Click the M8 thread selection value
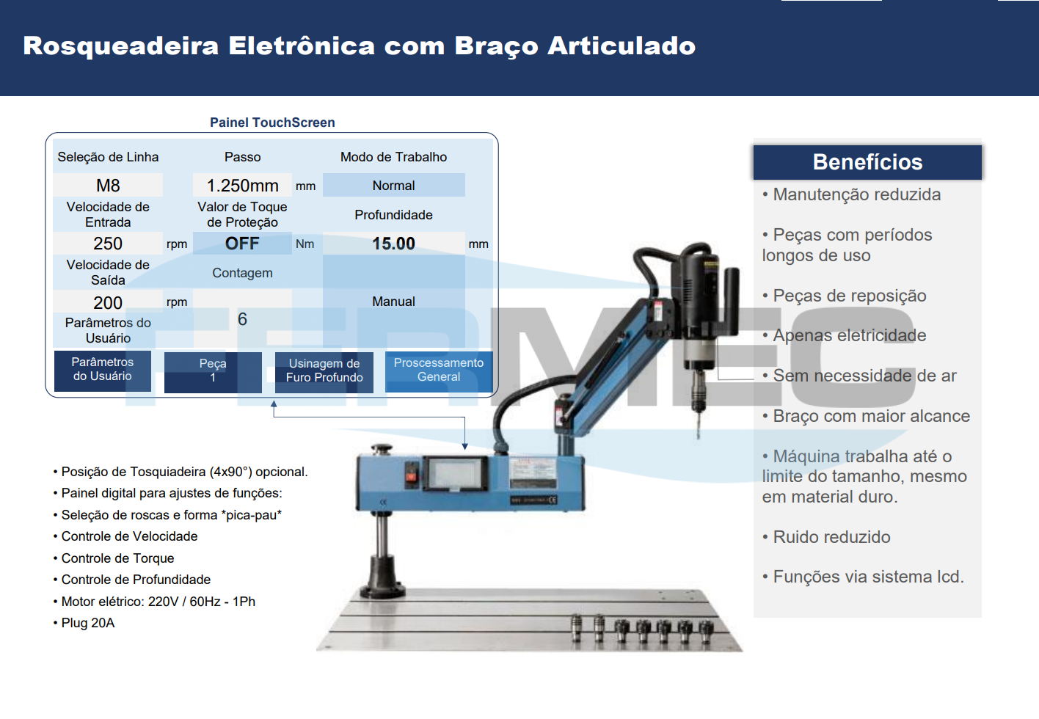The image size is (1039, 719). tap(108, 186)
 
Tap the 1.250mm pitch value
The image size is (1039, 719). tap(242, 186)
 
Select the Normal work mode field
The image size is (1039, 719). tap(394, 186)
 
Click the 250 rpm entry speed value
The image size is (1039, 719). tap(108, 244)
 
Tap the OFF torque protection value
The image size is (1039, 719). tap(242, 244)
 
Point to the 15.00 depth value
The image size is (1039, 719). tap(394, 244)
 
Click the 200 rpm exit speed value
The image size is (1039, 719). tap(108, 302)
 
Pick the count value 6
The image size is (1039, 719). tap(242, 319)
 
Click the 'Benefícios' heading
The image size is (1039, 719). tap(867, 162)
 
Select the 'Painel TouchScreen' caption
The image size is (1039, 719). tap(272, 123)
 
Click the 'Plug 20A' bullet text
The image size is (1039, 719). tap(84, 623)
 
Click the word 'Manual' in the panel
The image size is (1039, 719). tap(394, 302)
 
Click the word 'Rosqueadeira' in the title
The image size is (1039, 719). tap(120, 46)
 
